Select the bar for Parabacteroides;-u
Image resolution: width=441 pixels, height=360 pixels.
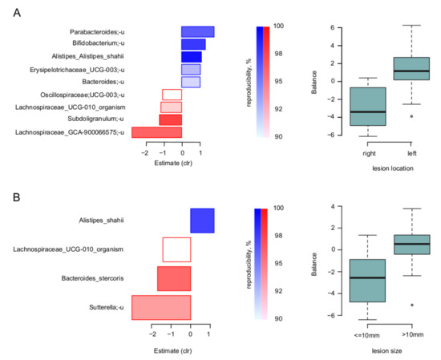197,31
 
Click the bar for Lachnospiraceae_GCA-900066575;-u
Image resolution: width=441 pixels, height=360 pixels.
156,132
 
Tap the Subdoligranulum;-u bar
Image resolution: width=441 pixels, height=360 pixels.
170,119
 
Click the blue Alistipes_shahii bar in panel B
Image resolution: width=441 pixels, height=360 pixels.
202,220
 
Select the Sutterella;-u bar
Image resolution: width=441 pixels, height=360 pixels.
161,308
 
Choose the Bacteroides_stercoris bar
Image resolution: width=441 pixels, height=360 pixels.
174,279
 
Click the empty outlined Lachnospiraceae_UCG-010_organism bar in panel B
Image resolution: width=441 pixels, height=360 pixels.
176,249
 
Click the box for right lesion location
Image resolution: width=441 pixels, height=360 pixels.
352,107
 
